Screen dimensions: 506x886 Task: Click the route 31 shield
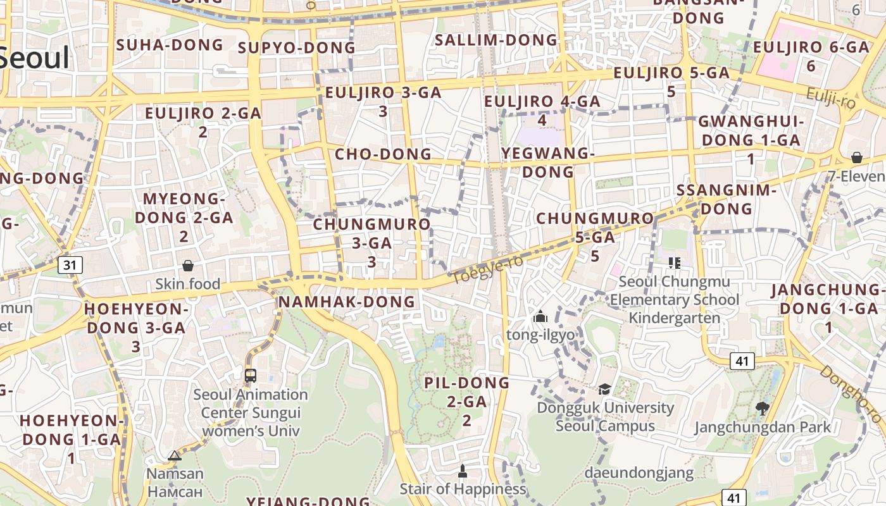tap(70, 264)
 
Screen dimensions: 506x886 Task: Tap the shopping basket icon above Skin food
tap(188, 266)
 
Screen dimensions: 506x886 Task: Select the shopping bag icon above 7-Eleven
tap(856, 157)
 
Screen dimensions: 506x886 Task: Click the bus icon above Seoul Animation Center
tap(251, 375)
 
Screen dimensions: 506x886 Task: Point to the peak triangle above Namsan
tap(175, 455)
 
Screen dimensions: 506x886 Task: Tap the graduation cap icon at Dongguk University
tap(605, 389)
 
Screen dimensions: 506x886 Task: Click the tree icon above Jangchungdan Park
tap(763, 409)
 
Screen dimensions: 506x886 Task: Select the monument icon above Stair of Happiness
tap(463, 471)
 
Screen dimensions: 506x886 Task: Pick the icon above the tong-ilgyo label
tap(540, 316)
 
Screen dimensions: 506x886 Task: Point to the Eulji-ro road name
tap(831, 97)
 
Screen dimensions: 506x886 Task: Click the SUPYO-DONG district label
tap(296, 48)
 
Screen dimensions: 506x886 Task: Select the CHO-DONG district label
tap(383, 154)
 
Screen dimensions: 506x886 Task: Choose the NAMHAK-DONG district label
tap(347, 302)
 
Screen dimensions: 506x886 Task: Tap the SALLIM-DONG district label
tap(496, 40)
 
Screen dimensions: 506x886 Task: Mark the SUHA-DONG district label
tap(170, 45)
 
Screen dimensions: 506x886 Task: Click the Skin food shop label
tap(188, 284)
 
